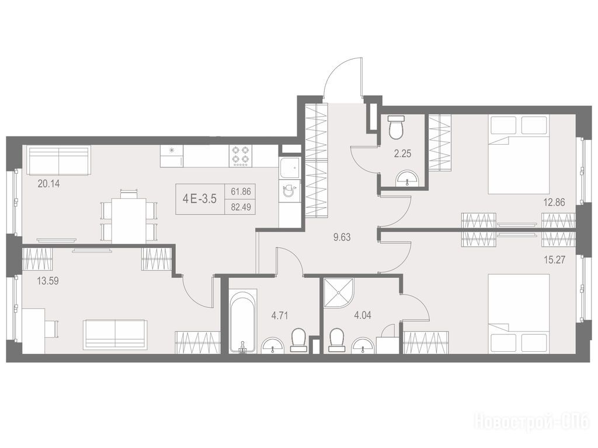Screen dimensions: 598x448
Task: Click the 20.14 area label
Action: point(49,184)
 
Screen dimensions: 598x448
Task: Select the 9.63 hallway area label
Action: point(342,237)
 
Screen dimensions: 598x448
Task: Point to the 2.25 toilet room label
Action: point(402,154)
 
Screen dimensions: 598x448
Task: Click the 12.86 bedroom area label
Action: point(554,202)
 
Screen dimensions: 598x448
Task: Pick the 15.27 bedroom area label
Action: point(554,260)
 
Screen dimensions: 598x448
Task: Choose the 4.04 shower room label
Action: point(362,315)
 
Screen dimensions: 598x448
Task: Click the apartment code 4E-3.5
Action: point(200,198)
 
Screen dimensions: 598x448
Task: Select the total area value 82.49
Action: point(241,208)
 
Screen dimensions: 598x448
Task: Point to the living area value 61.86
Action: point(241,191)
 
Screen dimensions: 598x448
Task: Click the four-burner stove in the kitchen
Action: point(240,156)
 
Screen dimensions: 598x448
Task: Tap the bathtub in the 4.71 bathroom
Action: point(244,321)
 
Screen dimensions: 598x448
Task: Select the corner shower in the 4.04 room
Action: point(338,293)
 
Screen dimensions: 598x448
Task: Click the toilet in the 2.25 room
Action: point(396,127)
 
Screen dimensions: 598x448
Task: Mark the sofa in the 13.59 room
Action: point(115,334)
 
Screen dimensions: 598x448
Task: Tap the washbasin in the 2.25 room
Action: point(408,178)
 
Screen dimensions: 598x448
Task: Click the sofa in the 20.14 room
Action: point(59,160)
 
